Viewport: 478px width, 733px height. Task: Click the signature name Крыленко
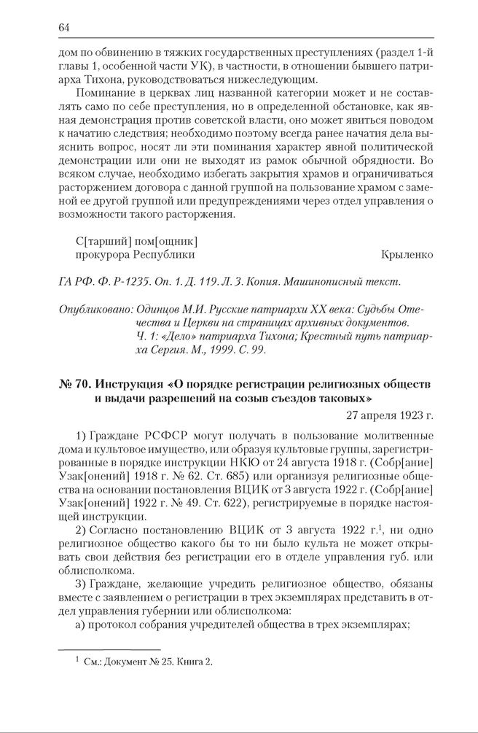pyautogui.click(x=407, y=255)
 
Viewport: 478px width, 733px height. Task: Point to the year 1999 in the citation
pyautogui.click(x=227, y=350)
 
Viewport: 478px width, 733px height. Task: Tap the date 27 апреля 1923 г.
pyautogui.click(x=389, y=416)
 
